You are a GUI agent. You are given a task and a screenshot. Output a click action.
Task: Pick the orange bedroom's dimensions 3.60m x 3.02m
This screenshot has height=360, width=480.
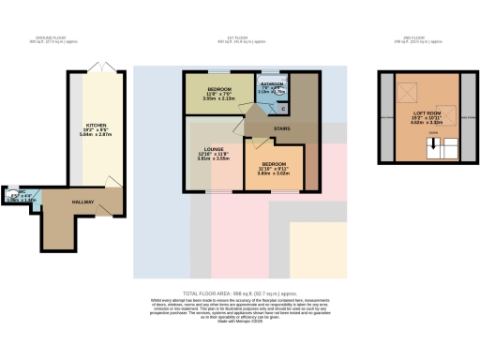pyautogui.click(x=275, y=173)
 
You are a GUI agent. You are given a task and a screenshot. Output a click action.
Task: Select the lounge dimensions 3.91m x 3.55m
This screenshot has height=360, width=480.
pyautogui.click(x=213, y=158)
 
